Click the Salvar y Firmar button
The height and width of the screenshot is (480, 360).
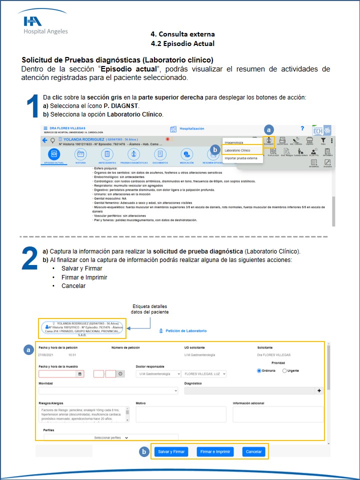pyautogui.click(x=171, y=451)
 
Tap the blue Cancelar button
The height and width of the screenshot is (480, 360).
pyautogui.click(x=253, y=451)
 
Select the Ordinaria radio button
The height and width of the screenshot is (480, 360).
pyautogui.click(x=259, y=370)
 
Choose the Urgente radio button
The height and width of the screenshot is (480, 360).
pyautogui.click(x=284, y=370)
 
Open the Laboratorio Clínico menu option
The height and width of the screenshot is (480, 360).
pyautogui.click(x=237, y=150)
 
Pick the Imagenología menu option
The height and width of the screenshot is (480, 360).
pyautogui.click(x=234, y=142)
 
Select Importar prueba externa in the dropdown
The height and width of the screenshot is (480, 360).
pyautogui.click(x=241, y=158)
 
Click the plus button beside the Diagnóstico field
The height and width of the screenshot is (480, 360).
pyautogui.click(x=319, y=390)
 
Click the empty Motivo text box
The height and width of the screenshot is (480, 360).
pyautogui.click(x=181, y=414)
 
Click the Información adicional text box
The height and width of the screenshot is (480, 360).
pyautogui.click(x=277, y=414)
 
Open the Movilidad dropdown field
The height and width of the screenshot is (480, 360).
pyautogui.click(x=108, y=390)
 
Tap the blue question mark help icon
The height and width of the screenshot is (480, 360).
pyautogui.click(x=301, y=129)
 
